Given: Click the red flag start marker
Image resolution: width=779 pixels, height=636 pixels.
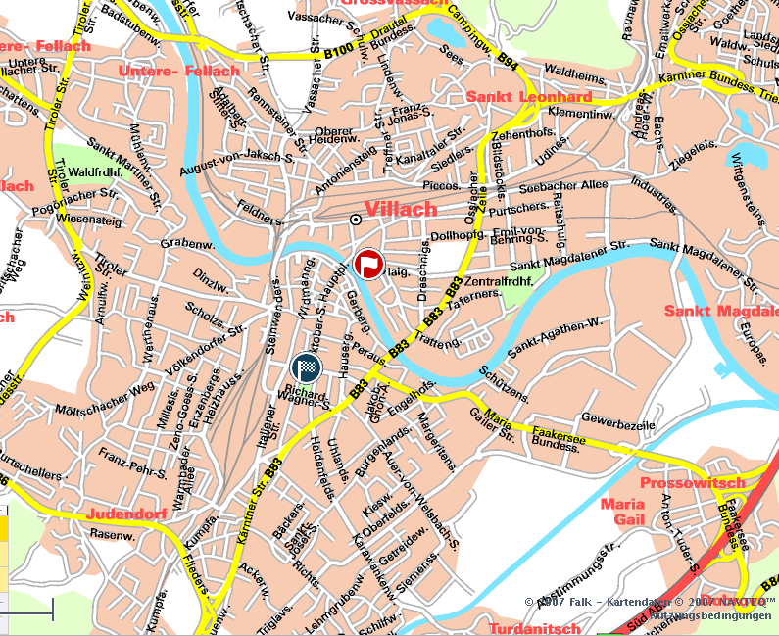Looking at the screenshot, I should point(368,264).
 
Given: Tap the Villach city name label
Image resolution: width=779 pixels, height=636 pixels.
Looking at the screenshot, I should point(401,209).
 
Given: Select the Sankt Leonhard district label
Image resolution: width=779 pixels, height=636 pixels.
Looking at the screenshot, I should point(529,97).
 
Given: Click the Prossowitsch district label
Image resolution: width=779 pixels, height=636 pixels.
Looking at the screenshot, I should point(692,483).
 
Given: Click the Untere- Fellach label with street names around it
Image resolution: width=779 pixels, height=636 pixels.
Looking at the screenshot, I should point(178,72).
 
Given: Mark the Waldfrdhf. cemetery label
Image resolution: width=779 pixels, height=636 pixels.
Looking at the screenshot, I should point(95,168).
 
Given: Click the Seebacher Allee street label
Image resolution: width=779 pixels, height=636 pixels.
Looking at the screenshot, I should point(563,186).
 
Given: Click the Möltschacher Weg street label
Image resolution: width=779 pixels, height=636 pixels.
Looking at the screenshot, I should point(106,400).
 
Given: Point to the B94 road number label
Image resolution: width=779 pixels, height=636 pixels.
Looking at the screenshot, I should point(507,61).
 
